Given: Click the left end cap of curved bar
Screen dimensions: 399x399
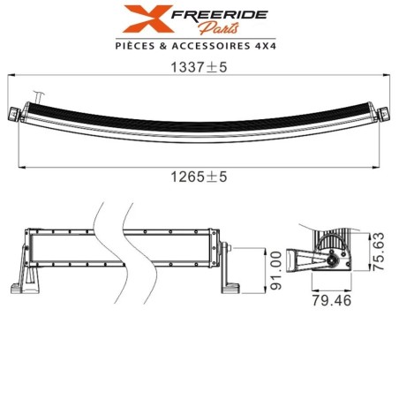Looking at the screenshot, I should pos(16,113).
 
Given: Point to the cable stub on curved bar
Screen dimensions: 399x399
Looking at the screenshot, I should pos(38,93).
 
